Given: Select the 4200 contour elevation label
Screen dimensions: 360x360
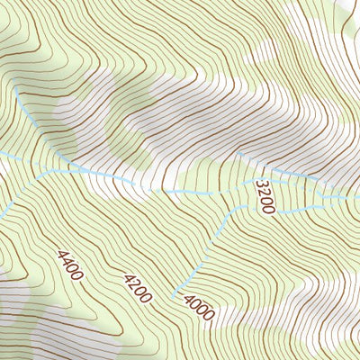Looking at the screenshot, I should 138,287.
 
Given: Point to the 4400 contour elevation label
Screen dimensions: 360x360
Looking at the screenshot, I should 69,265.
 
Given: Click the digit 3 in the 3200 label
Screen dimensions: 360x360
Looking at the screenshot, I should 260,184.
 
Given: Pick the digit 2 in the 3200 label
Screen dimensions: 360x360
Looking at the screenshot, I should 263,193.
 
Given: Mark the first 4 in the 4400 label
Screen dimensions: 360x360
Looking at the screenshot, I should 60,256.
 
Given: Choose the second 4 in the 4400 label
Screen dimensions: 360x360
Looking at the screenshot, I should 66,262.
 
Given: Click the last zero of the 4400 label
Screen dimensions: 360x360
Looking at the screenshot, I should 78,275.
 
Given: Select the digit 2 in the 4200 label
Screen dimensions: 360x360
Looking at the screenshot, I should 134,283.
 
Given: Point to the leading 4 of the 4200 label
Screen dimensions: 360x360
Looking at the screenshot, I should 128,277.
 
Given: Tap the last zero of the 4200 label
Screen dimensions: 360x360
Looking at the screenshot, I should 147,297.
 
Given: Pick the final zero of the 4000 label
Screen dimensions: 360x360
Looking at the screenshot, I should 208,316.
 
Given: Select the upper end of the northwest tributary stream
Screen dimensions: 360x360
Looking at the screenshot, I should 15,86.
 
